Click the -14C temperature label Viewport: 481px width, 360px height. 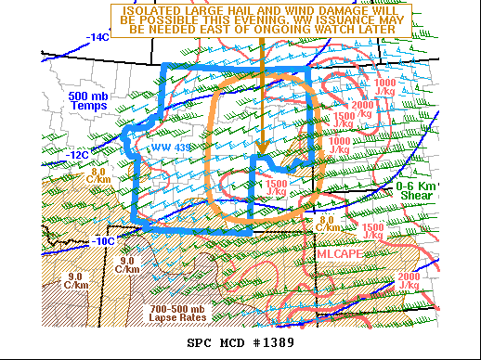[98, 38]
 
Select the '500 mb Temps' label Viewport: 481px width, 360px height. [89, 100]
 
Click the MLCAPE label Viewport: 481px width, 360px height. [338, 252]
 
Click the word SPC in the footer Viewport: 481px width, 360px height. [200, 344]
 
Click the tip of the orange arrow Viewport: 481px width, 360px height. [263, 152]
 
